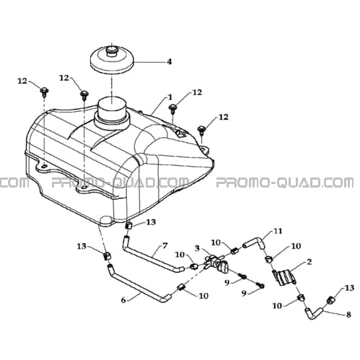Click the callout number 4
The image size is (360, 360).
pyautogui.click(x=170, y=62)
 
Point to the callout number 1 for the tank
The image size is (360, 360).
pyautogui.click(x=170, y=97)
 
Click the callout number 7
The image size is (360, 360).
pyautogui.click(x=164, y=246)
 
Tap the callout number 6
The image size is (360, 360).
pyautogui.click(x=123, y=300)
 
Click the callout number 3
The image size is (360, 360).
pyautogui.click(x=197, y=248)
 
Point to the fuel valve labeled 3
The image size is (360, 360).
pyautogui.click(x=216, y=264)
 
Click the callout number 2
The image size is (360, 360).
pyautogui.click(x=309, y=262)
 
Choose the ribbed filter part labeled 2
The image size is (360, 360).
pyautogui.click(x=285, y=278)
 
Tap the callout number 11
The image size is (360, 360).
pyautogui.click(x=278, y=231)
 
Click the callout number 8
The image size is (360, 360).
pyautogui.click(x=348, y=315)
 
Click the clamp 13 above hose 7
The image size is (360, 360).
pyautogui.click(x=129, y=226)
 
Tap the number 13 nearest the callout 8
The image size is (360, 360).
pyautogui.click(x=349, y=288)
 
